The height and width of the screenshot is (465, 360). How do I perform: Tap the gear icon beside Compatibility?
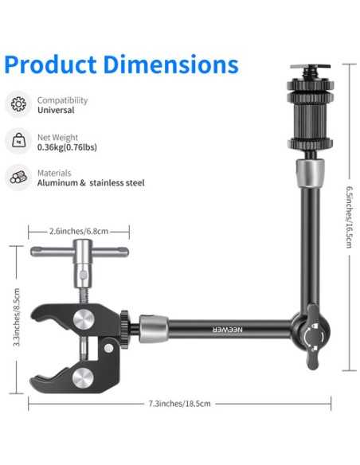18,104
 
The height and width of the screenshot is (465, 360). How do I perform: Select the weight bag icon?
18,141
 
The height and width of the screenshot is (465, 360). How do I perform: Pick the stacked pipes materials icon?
18,178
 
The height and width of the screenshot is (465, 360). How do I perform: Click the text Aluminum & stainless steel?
91,183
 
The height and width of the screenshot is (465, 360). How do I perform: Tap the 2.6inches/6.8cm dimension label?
78,231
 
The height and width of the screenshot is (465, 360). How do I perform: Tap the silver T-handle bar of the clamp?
79,252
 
